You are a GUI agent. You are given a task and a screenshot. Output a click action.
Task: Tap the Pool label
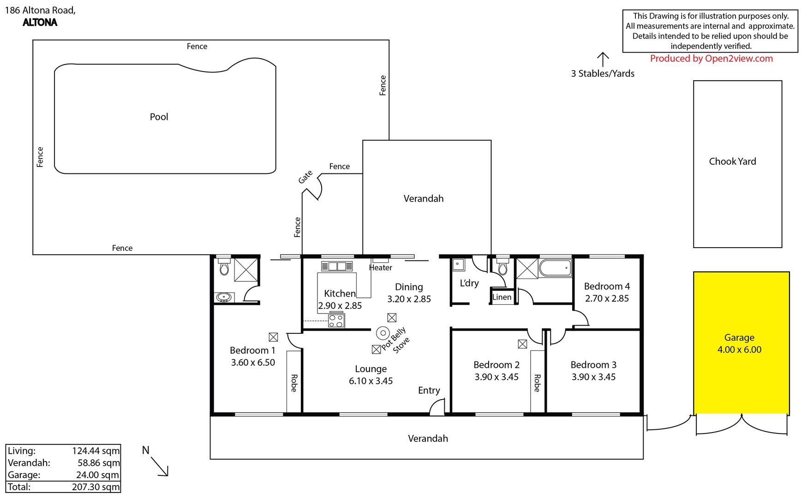click(159, 117)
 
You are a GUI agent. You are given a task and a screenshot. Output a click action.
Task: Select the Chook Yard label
click(732, 161)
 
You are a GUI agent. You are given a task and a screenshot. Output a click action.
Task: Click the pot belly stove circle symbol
click(383, 333)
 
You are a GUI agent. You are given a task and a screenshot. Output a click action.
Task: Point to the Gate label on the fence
click(305, 177)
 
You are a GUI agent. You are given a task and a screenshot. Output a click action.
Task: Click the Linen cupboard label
click(502, 297)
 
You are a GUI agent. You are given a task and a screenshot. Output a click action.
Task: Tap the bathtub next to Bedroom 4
click(555, 268)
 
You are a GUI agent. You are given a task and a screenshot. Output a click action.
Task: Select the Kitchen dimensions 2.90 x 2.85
click(340, 306)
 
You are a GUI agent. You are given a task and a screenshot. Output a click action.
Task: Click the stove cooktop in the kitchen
click(336, 320)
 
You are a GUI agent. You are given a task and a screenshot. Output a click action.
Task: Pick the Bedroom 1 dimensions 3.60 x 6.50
click(253, 363)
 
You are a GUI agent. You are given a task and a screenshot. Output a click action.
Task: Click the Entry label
click(429, 391)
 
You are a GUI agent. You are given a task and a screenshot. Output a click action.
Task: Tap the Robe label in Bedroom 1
click(294, 383)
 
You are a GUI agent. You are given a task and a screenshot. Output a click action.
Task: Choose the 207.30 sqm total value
click(96, 487)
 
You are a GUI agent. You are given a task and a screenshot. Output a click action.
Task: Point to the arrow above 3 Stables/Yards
click(603, 59)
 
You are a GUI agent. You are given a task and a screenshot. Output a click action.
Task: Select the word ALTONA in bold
click(40, 22)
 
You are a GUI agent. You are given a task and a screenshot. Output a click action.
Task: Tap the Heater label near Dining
click(381, 267)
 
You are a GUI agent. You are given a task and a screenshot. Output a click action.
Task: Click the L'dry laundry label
click(469, 283)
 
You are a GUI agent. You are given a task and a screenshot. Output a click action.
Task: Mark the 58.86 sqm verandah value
click(99, 463)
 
